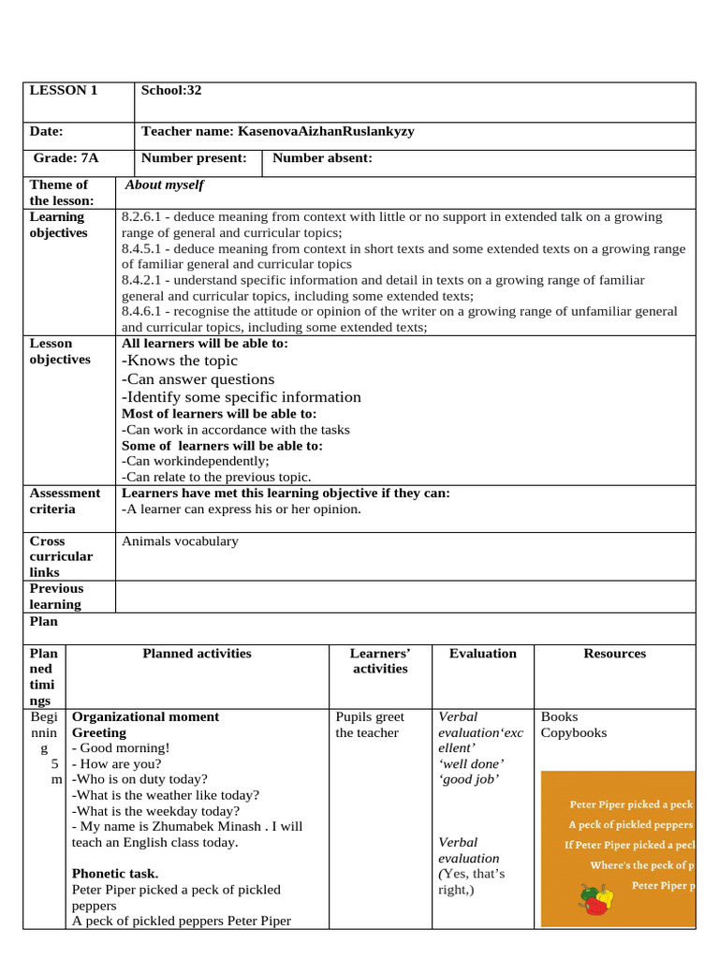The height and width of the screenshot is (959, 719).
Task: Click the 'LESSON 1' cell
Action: (64, 91)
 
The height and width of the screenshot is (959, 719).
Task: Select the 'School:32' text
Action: (171, 91)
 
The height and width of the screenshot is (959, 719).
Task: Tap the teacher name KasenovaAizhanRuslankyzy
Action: (277, 132)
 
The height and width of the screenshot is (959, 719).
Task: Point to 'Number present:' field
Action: (194, 158)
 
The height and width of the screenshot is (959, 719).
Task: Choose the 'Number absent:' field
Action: (322, 158)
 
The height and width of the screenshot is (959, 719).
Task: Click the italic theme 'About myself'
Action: (165, 185)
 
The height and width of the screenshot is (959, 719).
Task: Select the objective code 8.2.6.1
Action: (143, 217)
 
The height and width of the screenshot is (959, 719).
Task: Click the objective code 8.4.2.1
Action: (143, 281)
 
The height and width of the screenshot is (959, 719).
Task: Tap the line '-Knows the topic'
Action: (180, 361)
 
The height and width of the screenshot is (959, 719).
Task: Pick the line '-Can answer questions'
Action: (198, 379)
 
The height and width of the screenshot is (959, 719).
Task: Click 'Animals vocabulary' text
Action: (180, 541)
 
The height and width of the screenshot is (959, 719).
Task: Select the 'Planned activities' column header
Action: (197, 654)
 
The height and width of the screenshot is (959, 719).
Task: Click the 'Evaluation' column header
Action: (482, 654)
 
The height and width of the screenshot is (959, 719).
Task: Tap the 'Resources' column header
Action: (614, 654)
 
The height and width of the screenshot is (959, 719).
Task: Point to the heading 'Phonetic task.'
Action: (115, 875)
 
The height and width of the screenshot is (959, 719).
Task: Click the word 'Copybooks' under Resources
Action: (573, 733)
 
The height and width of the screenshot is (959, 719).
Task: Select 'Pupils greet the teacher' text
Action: (370, 725)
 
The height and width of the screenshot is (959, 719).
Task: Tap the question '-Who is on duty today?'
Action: (139, 779)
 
